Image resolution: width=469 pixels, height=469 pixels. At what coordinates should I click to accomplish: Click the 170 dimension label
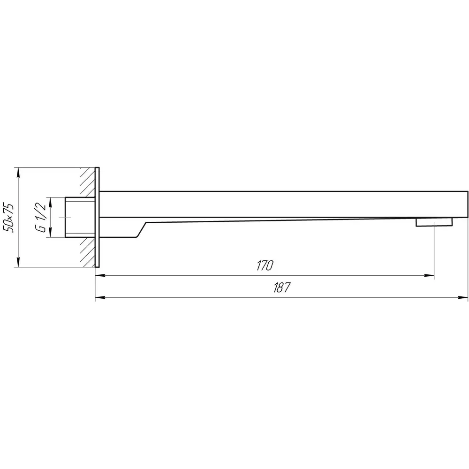[x=265, y=265]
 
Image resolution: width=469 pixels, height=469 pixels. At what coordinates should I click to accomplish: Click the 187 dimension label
[x=282, y=287]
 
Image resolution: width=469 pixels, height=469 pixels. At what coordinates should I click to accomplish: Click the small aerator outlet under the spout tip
[x=434, y=222]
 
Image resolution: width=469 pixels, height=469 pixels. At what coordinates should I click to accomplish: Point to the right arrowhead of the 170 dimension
[x=429, y=275]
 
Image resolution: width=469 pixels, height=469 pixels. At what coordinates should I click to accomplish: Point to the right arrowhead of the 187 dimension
[x=463, y=298]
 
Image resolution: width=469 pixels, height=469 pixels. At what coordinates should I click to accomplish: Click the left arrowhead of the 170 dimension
[x=100, y=275]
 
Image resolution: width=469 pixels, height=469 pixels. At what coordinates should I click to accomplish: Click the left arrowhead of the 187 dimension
[x=100, y=298]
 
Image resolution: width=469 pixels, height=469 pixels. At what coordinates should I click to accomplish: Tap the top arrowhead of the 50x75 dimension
[x=19, y=173]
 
